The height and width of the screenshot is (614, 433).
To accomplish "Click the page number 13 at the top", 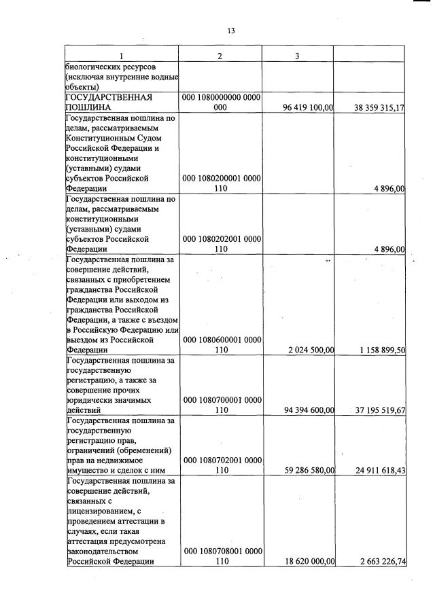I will coord(230,31).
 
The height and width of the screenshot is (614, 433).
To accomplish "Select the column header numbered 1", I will coord(121,56).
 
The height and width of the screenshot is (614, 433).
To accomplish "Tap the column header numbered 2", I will coord(220,56).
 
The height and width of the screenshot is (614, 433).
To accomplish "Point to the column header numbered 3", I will coord(297,56).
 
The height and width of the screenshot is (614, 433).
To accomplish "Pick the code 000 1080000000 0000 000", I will coord(221,103).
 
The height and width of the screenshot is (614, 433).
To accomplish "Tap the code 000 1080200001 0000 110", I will coord(221,183).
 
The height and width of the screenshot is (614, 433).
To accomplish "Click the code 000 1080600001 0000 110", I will coord(221,344).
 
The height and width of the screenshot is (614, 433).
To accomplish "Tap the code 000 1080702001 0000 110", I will coord(221,465).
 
